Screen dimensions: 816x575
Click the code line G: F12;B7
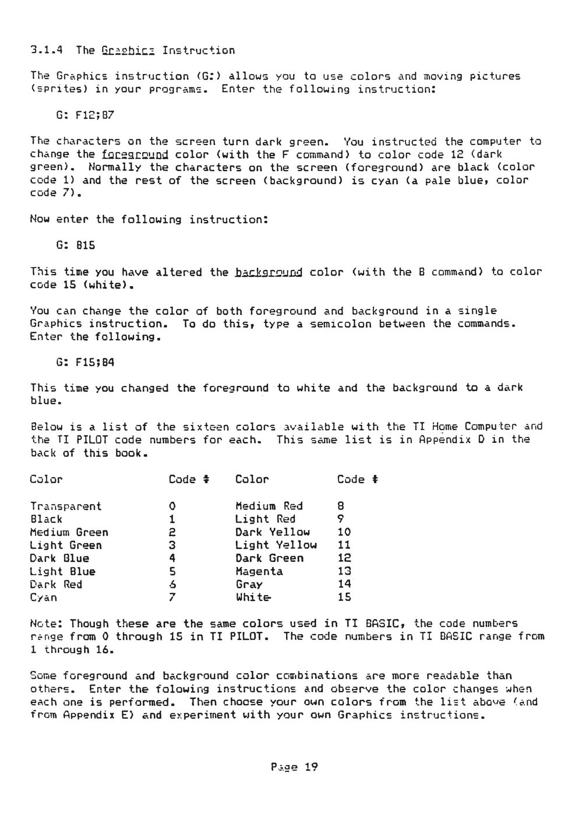(85, 115)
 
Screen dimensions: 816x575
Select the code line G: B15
(76, 245)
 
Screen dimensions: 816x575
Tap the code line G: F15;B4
(85, 362)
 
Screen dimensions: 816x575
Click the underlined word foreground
(135, 155)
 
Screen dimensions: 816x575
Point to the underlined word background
(269, 272)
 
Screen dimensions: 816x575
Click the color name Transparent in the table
(66, 507)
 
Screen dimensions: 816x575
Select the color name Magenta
(259, 572)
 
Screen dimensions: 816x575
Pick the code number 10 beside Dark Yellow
(344, 532)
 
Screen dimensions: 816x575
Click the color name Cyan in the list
(44, 598)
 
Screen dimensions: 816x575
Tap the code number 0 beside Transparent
(172, 507)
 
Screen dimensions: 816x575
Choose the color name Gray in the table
(249, 585)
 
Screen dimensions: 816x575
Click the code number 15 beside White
(344, 597)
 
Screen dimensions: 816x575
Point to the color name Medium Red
(269, 507)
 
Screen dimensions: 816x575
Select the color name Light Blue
(62, 572)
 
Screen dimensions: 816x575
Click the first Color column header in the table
(46, 480)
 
